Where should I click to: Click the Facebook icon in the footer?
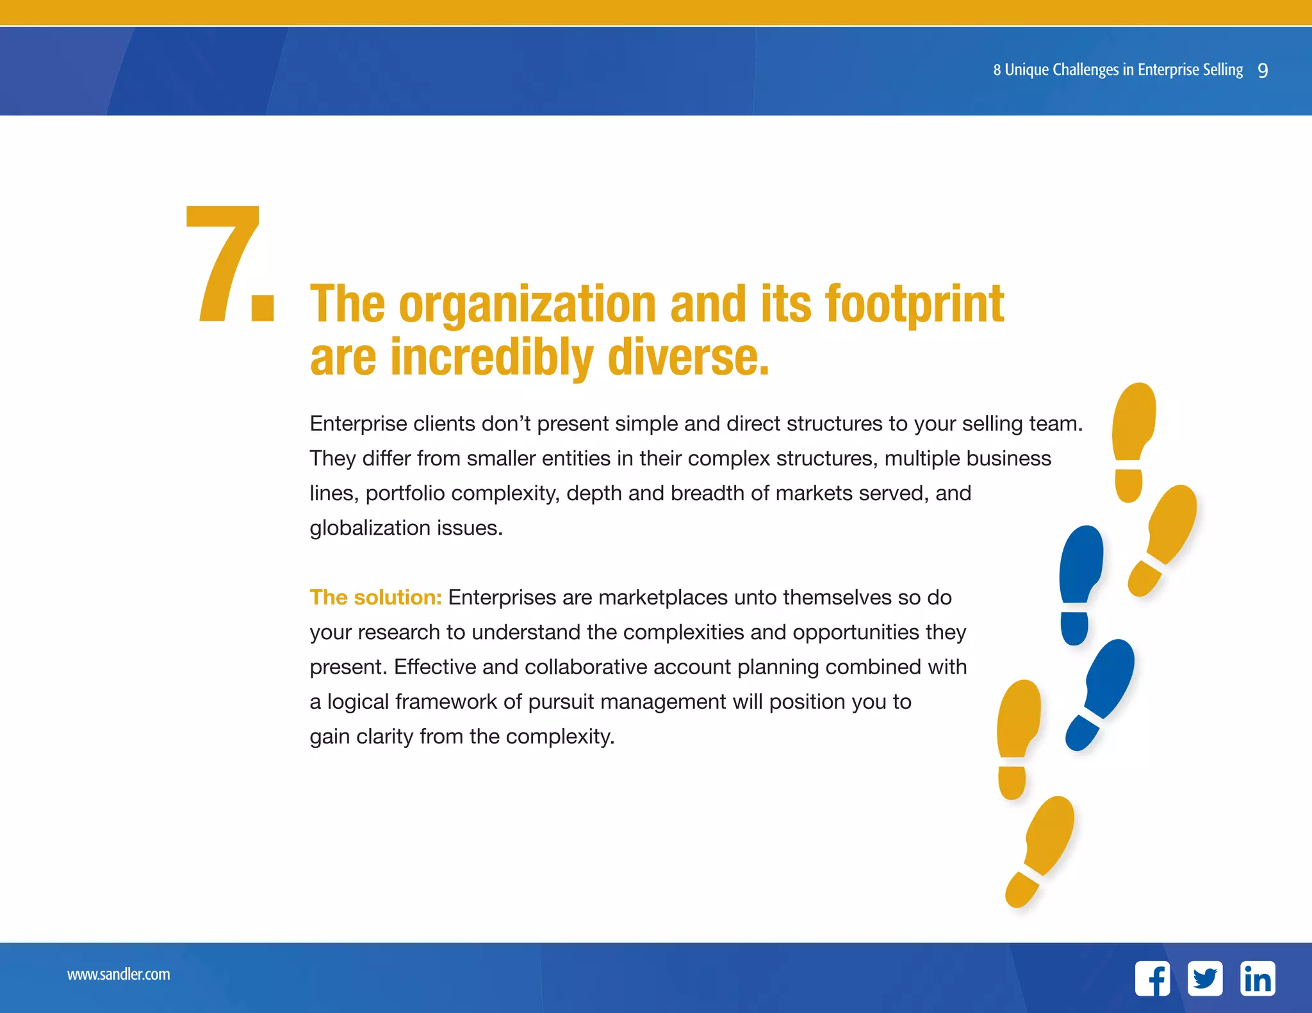pos(1152,978)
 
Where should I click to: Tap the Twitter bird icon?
pos(1205,978)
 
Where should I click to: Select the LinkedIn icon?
pos(1258,978)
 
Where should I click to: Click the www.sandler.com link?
pos(119,974)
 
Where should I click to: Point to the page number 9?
pos(1263,70)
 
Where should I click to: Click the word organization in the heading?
pos(527,305)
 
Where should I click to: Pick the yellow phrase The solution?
pos(375,597)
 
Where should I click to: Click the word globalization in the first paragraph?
pos(370,528)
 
